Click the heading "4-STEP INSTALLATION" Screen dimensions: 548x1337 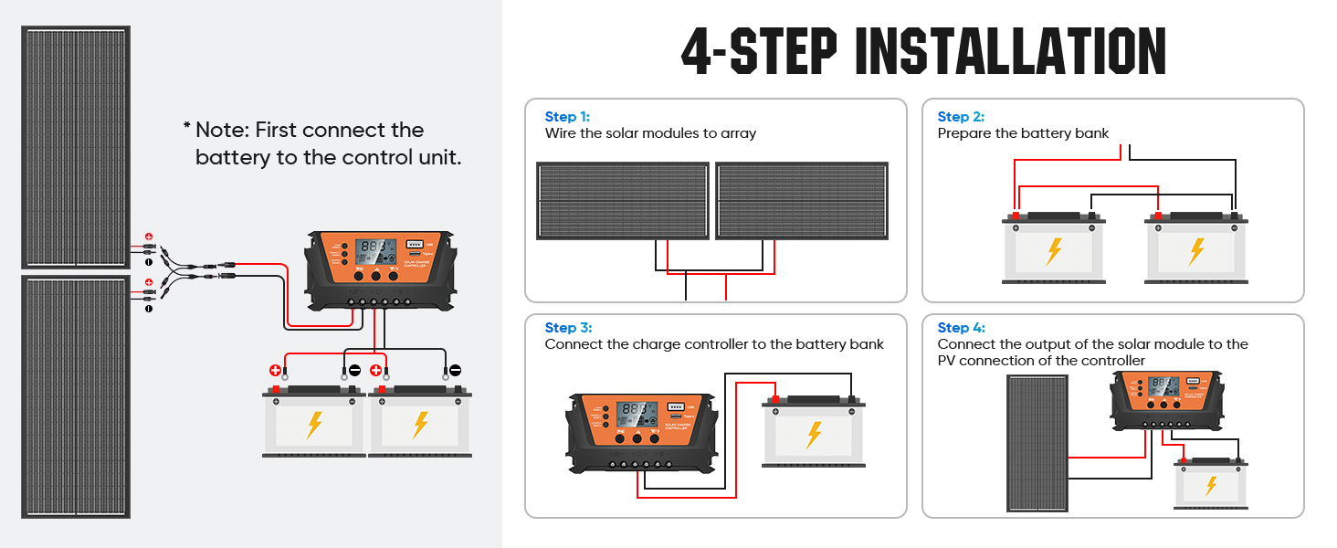pyautogui.click(x=923, y=51)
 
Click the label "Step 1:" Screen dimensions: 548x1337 pyautogui.click(x=567, y=117)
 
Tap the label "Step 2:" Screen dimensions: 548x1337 pyautogui.click(x=960, y=117)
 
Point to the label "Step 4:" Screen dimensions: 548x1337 pyautogui.click(x=961, y=328)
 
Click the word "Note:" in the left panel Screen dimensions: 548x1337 pyautogui.click(x=222, y=131)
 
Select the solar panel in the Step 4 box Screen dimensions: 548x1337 pyautogui.click(x=1037, y=443)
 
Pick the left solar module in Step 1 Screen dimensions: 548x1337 pyautogui.click(x=622, y=201)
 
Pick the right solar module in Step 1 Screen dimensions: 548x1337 pyautogui.click(x=801, y=201)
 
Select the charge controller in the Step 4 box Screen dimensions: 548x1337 pyautogui.click(x=1165, y=398)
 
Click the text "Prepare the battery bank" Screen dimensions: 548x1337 pyautogui.click(x=1023, y=133)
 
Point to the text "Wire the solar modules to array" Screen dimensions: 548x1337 pyautogui.click(x=650, y=133)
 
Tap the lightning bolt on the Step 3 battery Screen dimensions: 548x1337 pyautogui.click(x=814, y=433)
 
